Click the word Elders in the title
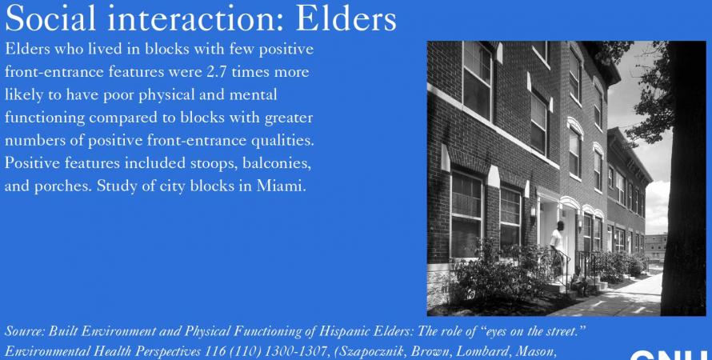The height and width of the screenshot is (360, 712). point(346,18)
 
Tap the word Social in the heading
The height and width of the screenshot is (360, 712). point(50,18)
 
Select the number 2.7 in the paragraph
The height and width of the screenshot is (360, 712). point(217,72)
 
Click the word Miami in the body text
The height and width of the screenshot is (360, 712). point(281,186)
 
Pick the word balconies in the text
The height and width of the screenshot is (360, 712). point(277,163)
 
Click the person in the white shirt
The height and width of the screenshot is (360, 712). point(557,245)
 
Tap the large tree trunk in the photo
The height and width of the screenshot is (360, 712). point(683,178)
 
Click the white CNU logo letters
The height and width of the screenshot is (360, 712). point(670,355)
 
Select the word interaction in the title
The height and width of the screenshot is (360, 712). point(196,18)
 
